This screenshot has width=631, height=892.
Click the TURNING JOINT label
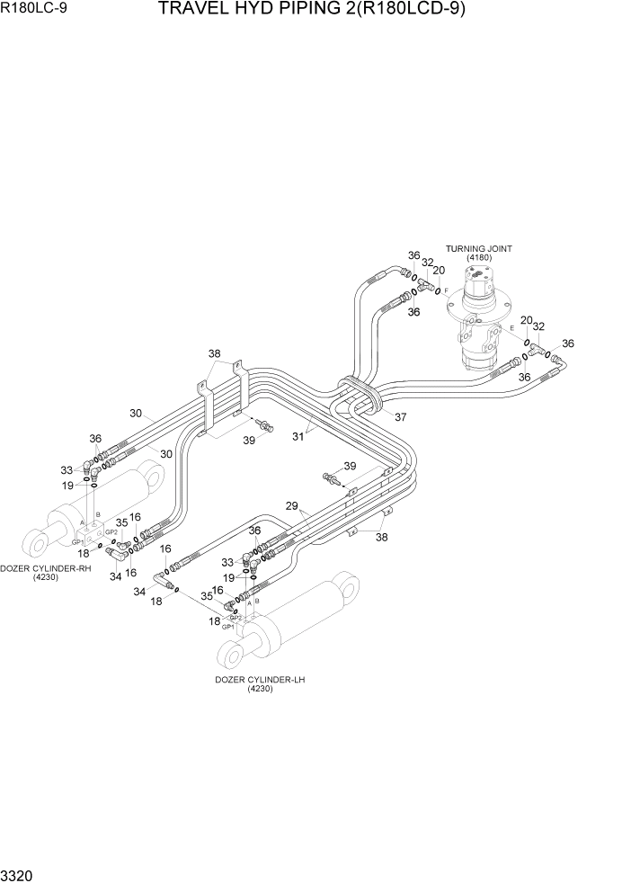pos(478,248)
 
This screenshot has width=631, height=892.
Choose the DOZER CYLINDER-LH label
pos(260,680)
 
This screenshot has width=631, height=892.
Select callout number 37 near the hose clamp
pos(400,416)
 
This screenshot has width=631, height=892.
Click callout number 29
pos(291,507)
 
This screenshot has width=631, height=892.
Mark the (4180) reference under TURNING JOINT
pos(478,258)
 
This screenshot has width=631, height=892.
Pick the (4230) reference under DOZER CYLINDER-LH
pos(260,690)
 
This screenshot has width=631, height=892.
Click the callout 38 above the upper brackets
pos(215,352)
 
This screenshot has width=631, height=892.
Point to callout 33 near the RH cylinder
pos(67,470)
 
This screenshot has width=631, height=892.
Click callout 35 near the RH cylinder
pos(121,522)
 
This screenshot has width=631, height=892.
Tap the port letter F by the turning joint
pos(447,292)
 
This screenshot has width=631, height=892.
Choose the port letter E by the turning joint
pos(512,329)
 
